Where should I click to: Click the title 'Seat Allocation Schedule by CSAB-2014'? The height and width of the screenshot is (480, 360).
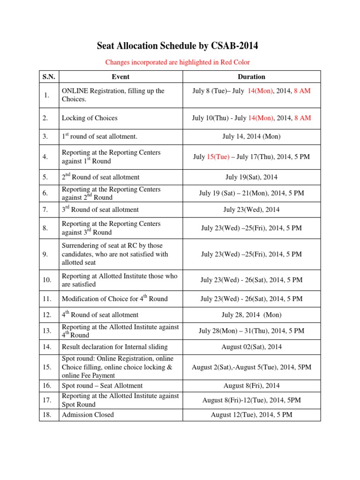[x=177, y=46]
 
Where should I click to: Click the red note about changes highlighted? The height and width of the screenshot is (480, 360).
[x=177, y=62]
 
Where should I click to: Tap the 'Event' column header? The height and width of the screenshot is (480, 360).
[x=120, y=76]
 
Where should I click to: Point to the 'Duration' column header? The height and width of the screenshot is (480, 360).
[x=251, y=76]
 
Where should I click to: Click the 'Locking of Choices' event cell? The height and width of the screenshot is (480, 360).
[x=90, y=118]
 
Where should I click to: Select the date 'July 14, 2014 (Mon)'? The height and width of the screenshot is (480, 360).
[x=251, y=136]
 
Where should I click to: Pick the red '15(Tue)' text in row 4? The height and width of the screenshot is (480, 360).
[x=218, y=157]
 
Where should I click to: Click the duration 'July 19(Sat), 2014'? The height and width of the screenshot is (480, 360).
[x=251, y=177]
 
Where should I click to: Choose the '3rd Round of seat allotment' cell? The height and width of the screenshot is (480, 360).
[x=100, y=210]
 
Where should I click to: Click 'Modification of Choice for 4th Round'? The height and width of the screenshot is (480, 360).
[x=114, y=299]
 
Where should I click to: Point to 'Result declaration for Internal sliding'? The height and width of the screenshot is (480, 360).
[x=114, y=347]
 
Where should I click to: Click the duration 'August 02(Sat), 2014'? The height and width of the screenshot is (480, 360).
[x=251, y=347]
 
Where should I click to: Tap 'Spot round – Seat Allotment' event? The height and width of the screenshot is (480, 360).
[x=102, y=385]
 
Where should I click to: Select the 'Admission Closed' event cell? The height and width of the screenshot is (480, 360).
[x=88, y=415]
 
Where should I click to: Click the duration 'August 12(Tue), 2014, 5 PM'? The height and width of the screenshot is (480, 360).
[x=251, y=415]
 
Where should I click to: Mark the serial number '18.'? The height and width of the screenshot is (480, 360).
[x=47, y=415]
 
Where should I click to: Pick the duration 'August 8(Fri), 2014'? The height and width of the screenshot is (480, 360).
[x=251, y=385]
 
